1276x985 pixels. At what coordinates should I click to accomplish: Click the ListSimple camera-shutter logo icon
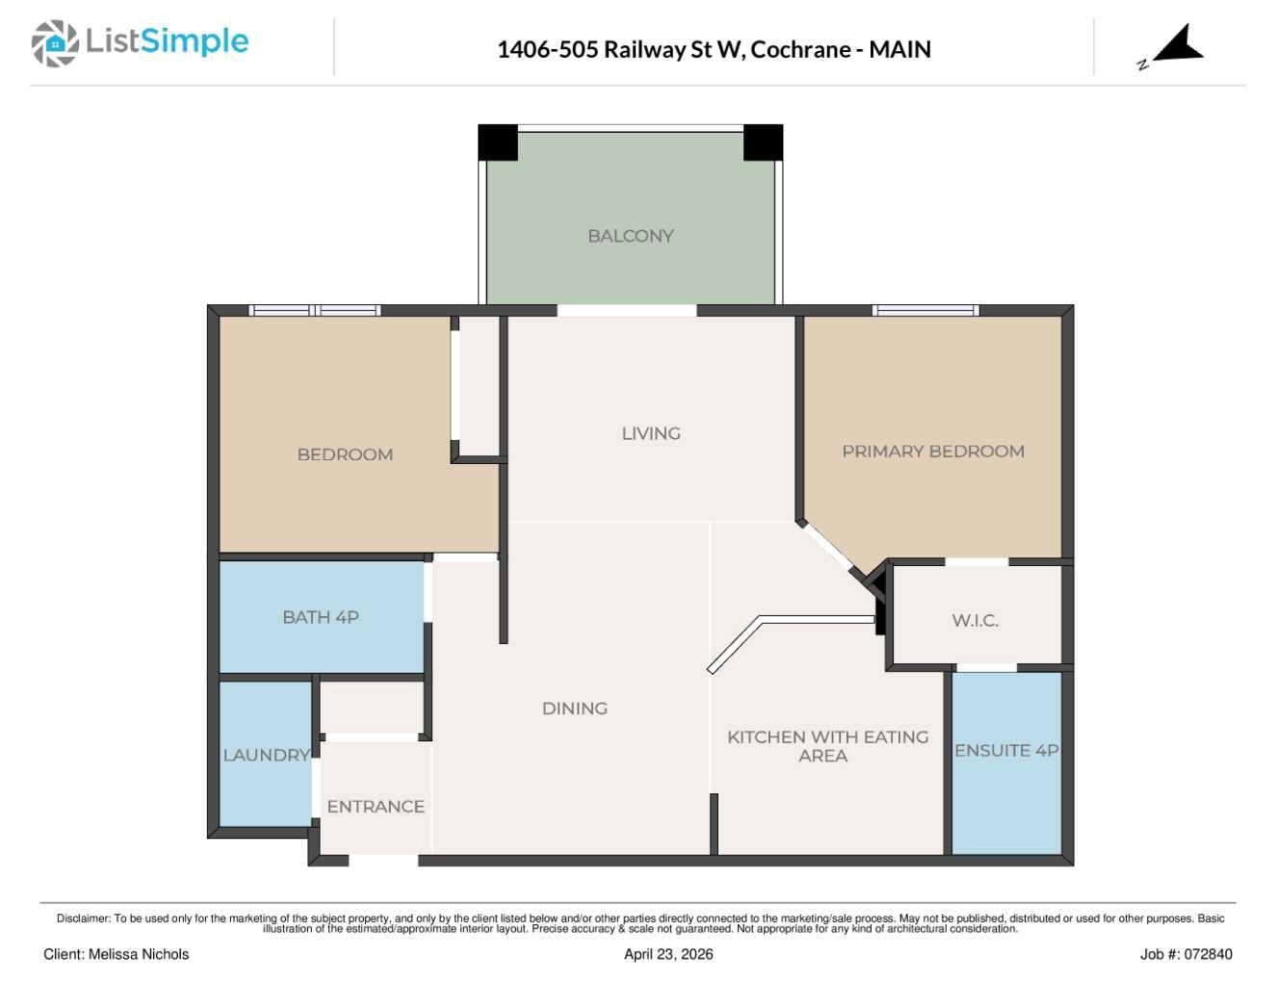coord(55,43)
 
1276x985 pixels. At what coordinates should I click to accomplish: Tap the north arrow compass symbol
coord(1172,48)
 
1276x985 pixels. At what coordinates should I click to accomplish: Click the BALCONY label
coord(631,236)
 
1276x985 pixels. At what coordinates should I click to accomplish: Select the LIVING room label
coord(651,434)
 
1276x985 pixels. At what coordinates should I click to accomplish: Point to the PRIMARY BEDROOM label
coord(933,452)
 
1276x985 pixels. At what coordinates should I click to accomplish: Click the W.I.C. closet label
coord(975,620)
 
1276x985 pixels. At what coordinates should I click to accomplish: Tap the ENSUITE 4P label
coord(1006,751)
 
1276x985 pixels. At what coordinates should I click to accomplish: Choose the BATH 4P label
coord(321,617)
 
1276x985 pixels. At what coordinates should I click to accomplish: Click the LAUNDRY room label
coord(267,755)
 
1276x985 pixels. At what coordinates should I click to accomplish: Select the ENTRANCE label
coord(376,807)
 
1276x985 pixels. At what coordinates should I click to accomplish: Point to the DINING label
coord(575,709)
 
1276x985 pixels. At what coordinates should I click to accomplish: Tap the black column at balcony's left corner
coord(498,143)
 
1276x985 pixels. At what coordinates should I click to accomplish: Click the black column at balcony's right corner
coord(764,143)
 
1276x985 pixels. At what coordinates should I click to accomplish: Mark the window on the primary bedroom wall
coord(926,311)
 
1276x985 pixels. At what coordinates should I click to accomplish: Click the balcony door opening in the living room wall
coord(627,311)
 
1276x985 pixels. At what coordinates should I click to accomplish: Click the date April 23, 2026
coord(668,954)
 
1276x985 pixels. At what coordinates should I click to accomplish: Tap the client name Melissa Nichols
coord(139,954)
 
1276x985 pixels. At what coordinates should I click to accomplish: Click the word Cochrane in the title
coord(800,49)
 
